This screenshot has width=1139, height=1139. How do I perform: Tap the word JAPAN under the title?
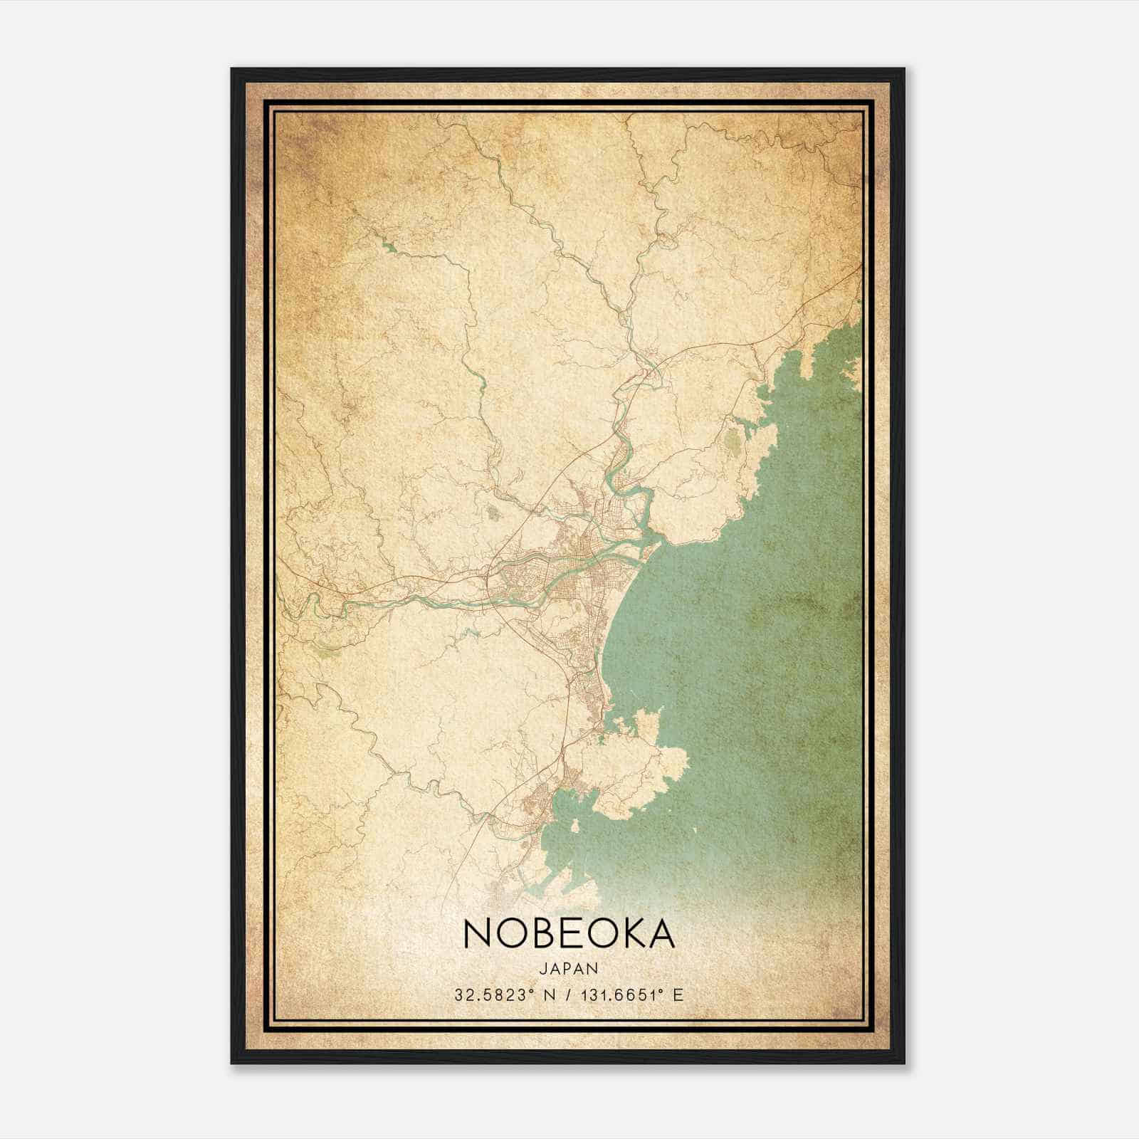pos(569,968)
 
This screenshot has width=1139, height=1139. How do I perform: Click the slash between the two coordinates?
pos(566,994)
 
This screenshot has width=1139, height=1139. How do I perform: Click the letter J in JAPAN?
pos(544,968)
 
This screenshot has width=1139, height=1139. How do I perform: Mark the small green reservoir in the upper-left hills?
pos(389,248)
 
